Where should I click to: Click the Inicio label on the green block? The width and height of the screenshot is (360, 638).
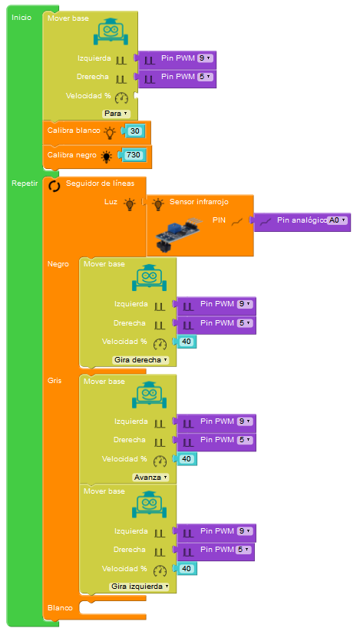tap(21, 18)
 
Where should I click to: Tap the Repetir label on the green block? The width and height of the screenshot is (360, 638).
tap(25, 183)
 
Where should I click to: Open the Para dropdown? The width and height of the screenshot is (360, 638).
tap(116, 114)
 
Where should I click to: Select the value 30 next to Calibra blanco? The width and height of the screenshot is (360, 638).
tap(135, 131)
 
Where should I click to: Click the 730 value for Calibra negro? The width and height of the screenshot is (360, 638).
tap(132, 155)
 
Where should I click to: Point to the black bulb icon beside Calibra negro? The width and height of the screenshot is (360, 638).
tap(107, 157)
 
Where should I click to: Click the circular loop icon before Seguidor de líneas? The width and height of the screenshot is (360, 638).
tap(54, 186)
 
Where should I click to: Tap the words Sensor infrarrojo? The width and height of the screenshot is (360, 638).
tap(199, 202)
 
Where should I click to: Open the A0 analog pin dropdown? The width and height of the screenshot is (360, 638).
tap(338, 220)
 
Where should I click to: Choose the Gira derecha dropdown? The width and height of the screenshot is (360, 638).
tap(140, 360)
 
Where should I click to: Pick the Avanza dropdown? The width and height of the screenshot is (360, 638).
tap(150, 478)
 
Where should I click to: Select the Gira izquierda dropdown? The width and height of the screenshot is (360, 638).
tap(139, 587)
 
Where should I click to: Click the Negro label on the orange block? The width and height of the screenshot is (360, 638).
tap(58, 264)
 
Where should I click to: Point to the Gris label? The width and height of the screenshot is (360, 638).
tap(54, 381)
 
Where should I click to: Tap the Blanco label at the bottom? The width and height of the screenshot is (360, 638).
tap(60, 608)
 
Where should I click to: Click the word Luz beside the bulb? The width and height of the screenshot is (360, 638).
tap(111, 201)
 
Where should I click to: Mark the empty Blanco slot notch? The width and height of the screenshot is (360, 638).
tap(112, 607)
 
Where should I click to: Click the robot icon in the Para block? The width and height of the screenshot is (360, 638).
tap(111, 31)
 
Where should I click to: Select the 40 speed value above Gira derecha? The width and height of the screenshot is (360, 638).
tap(187, 342)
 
